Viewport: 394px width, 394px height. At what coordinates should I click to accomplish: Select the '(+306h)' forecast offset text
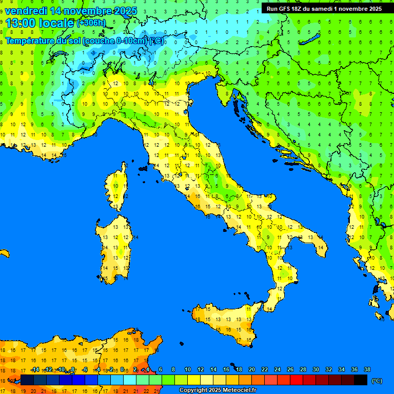(91, 23)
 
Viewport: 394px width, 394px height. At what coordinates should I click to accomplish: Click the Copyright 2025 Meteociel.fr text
(218, 390)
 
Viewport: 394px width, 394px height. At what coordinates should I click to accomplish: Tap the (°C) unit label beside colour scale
(377, 381)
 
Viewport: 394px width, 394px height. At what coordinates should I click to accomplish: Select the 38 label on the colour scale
(367, 369)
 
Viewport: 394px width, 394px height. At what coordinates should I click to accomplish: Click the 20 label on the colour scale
(251, 369)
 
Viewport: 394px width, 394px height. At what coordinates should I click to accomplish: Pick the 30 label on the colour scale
(316, 369)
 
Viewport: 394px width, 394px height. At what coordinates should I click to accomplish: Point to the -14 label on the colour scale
(35, 369)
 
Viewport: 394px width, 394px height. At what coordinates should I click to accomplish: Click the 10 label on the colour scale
(188, 369)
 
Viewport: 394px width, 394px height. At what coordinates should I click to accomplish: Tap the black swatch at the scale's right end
(361, 380)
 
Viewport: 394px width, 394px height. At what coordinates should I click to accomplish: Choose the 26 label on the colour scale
(290, 369)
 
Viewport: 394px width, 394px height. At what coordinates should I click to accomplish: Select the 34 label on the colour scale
(341, 369)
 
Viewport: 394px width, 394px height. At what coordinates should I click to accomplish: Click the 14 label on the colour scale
(213, 369)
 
